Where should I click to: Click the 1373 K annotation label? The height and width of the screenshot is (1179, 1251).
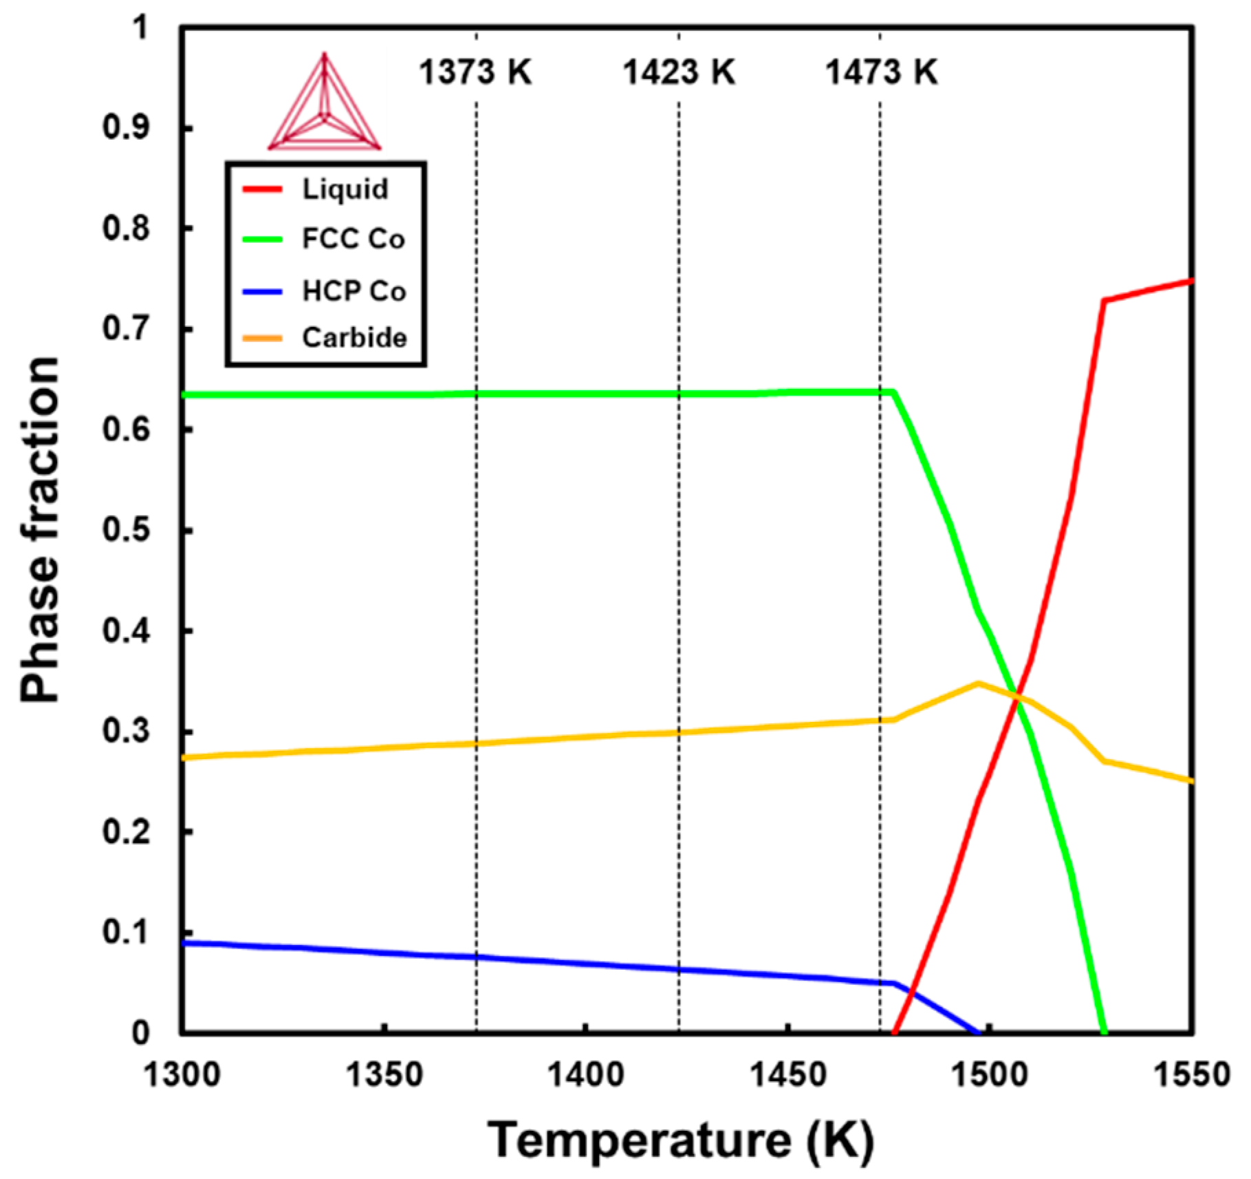pos(475,72)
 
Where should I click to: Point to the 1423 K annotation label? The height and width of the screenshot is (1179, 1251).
pos(679,72)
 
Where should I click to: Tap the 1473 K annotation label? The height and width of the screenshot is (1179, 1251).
pos(881,72)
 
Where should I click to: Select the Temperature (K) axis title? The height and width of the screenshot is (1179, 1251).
pos(681,1140)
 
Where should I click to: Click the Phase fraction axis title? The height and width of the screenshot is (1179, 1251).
pos(40,529)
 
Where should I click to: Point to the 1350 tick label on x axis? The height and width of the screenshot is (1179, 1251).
pos(384,1074)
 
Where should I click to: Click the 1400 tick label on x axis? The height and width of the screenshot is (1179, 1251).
pos(585,1074)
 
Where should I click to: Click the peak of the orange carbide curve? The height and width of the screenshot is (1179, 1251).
pos(978,683)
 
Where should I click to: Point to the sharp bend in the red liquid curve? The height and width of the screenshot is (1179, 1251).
pos(1104,301)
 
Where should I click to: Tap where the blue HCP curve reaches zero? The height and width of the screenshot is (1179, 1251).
pos(978,1032)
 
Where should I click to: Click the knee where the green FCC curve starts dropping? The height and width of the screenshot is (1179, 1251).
pos(893,392)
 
